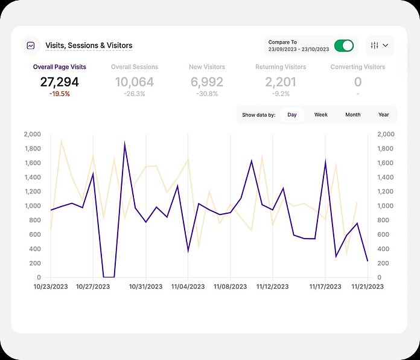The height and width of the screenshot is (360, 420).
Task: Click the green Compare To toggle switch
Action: [344, 46]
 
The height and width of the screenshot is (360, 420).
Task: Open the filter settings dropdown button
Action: [380, 45]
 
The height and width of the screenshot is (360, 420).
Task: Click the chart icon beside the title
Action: [30, 45]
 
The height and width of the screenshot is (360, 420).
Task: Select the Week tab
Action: [321, 115]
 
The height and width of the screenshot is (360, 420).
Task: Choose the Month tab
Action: [352, 115]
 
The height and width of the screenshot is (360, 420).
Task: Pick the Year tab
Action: [383, 115]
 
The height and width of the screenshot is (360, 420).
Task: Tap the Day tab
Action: [292, 115]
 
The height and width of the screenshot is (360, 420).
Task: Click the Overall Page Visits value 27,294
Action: [60, 82]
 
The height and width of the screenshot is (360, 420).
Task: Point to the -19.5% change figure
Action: [60, 94]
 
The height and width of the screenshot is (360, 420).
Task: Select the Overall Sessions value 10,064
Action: [135, 82]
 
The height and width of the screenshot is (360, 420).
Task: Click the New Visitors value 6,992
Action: [207, 82]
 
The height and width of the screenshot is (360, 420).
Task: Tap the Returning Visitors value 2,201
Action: [281, 82]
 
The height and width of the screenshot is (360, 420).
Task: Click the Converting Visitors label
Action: [358, 67]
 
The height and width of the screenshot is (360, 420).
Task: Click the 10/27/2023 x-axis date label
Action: [93, 287]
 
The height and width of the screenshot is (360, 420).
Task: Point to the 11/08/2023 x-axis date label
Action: [231, 287]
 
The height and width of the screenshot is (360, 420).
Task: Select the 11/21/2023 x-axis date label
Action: [367, 287]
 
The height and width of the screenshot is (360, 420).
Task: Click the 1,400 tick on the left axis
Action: [32, 177]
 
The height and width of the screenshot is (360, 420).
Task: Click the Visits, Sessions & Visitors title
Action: [89, 45]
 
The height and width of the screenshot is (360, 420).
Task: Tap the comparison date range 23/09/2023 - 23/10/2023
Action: [299, 50]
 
